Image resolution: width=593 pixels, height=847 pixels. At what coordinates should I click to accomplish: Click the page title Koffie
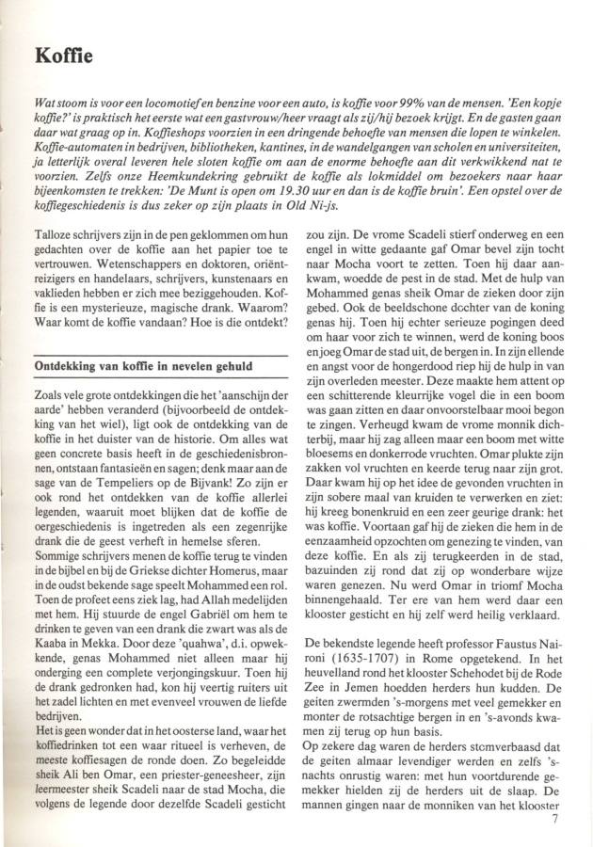coord(64,57)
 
